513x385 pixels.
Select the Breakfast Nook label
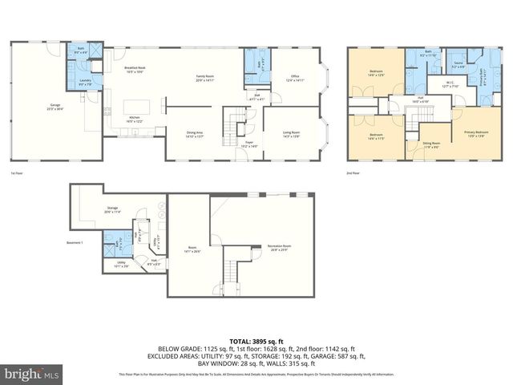[x=134, y=70]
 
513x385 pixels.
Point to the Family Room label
[x=206, y=78]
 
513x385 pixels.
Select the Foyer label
[x=249, y=144]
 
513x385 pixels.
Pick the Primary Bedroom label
[x=475, y=133]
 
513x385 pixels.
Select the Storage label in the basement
[x=111, y=210]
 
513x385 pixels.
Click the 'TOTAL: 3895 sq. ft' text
[x=256, y=342]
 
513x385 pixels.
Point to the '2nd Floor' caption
[x=352, y=172]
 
